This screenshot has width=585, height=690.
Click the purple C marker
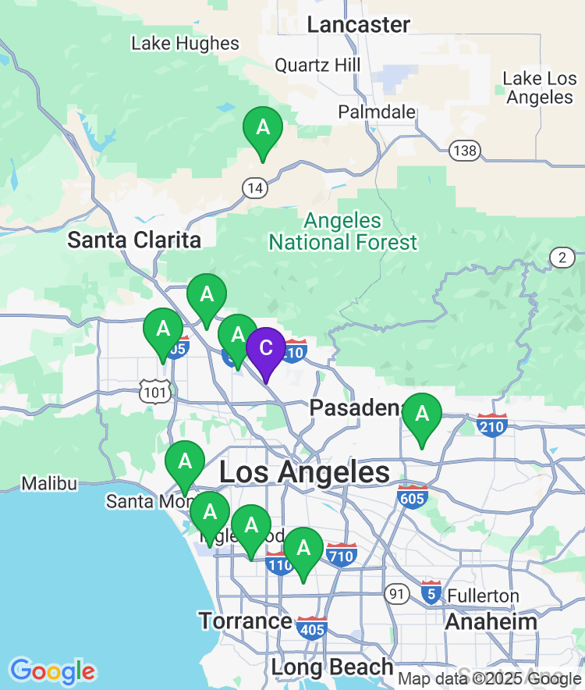point(266,349)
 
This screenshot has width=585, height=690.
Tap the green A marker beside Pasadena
point(422,414)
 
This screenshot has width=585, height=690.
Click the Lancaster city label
point(358,24)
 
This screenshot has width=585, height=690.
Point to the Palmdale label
point(377,112)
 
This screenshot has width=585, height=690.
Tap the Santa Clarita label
point(134,240)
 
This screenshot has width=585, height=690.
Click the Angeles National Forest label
point(343,232)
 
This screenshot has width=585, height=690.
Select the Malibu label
point(49,484)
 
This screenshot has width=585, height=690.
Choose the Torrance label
point(245,621)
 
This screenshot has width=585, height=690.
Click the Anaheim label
point(491,622)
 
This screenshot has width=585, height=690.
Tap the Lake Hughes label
point(185,43)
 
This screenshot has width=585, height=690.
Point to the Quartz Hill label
point(317,65)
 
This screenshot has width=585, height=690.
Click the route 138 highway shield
point(466,151)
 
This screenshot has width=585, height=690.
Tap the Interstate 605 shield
point(412,496)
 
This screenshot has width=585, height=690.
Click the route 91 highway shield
point(397,595)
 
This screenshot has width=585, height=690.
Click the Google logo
point(52,670)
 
